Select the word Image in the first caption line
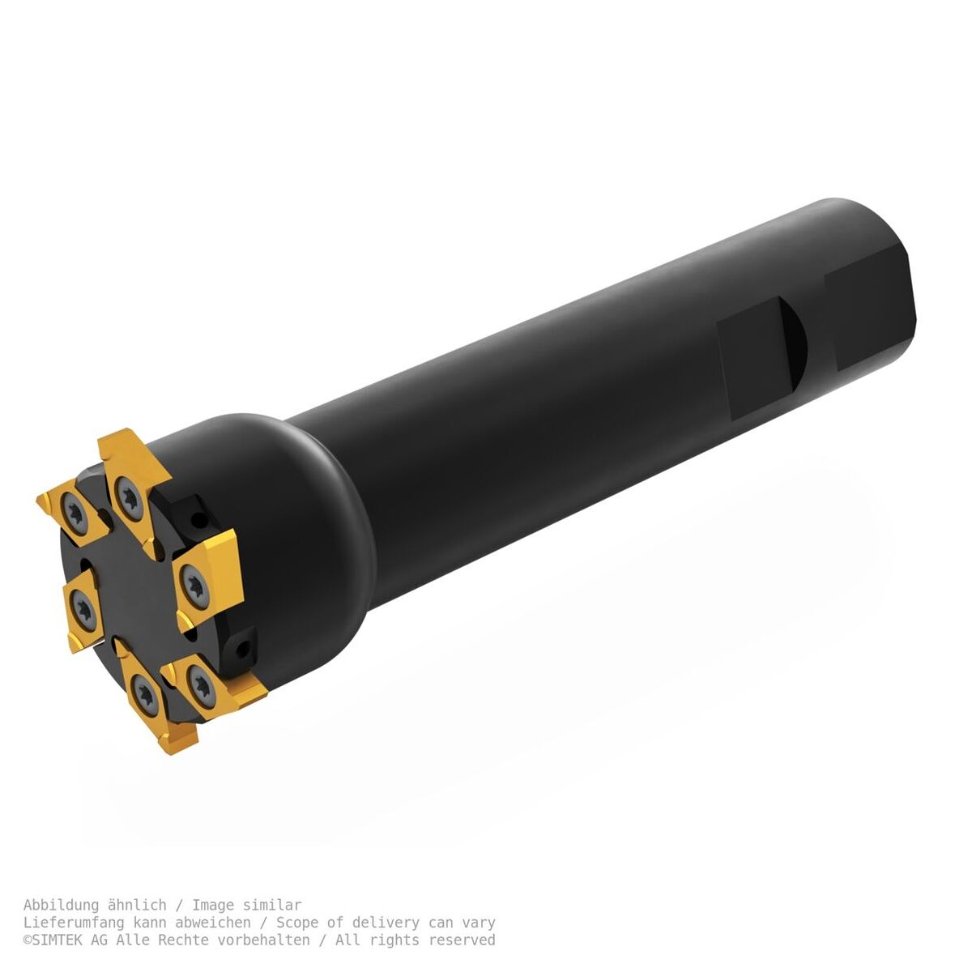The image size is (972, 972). click(x=213, y=906)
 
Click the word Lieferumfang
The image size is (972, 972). click(x=74, y=923)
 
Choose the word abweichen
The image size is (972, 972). click(x=213, y=923)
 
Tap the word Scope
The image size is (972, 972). click(x=297, y=923)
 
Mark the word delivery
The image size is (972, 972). click(x=386, y=923)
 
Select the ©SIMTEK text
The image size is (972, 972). click(x=57, y=940)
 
